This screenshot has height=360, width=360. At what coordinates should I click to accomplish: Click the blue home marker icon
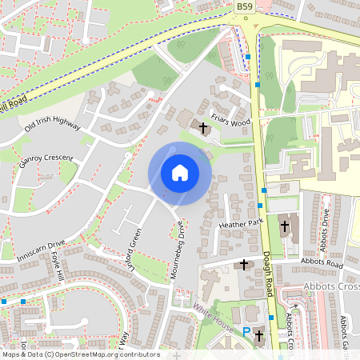point(180,173)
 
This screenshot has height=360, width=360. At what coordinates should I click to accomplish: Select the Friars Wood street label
point(231,122)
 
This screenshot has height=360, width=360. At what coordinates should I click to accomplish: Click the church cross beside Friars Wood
point(203,127)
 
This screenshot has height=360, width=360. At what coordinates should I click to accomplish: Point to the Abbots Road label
point(322,262)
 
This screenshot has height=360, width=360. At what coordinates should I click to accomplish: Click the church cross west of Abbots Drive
point(284,226)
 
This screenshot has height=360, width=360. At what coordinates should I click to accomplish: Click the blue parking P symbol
point(246,332)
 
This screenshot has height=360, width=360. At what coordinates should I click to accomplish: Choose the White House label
point(213,318)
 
